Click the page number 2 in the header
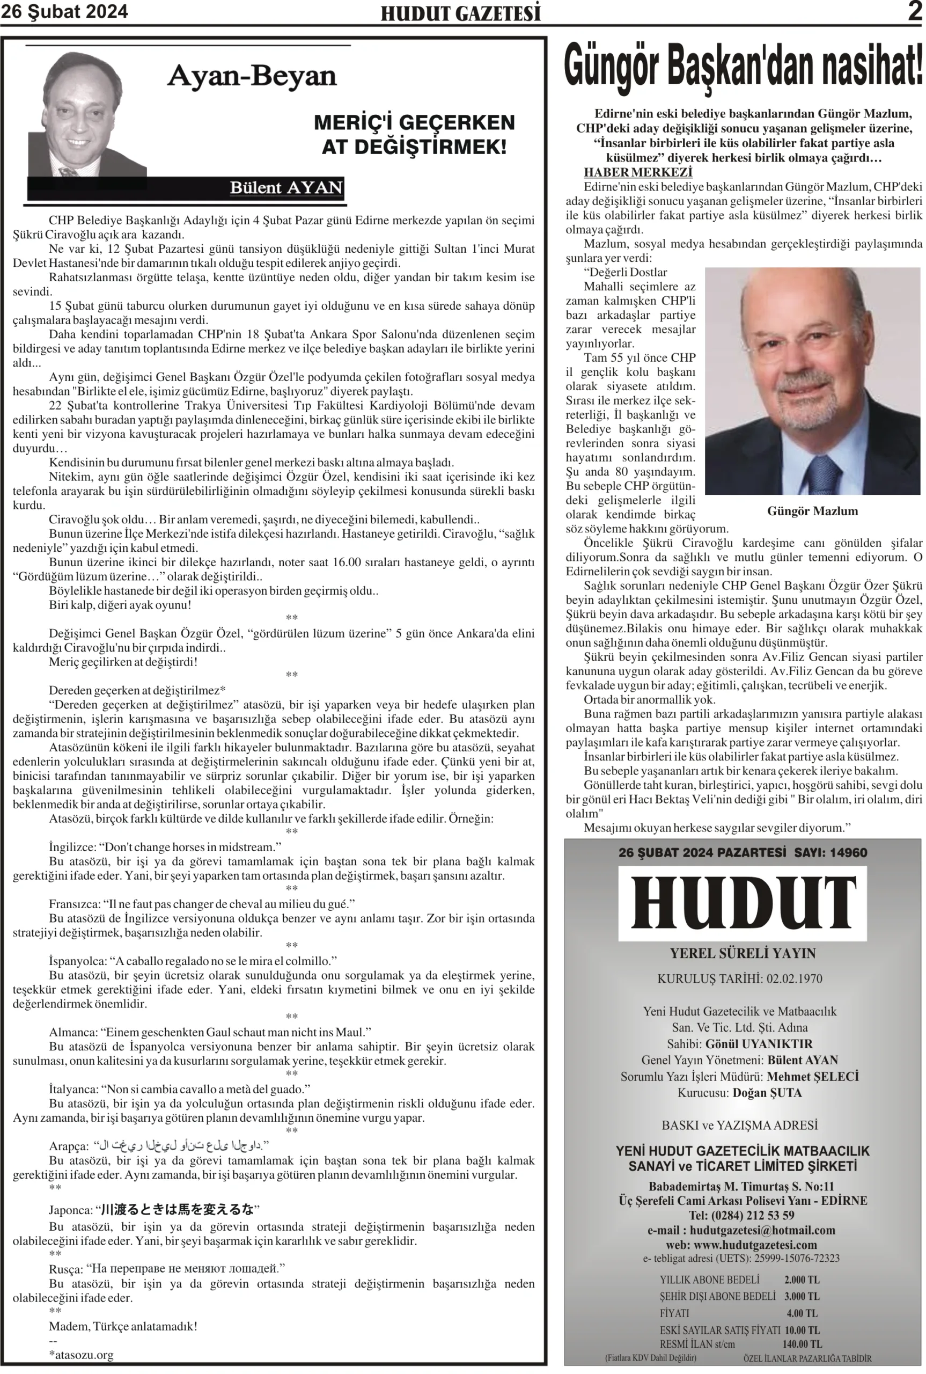915,12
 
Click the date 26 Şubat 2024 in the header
64,12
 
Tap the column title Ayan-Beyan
252,76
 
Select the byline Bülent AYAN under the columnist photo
286,188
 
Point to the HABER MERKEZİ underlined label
638,172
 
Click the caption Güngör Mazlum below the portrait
812,511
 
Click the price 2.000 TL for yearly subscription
802,1280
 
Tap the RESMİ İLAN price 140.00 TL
802,1344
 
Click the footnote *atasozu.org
81,1355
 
